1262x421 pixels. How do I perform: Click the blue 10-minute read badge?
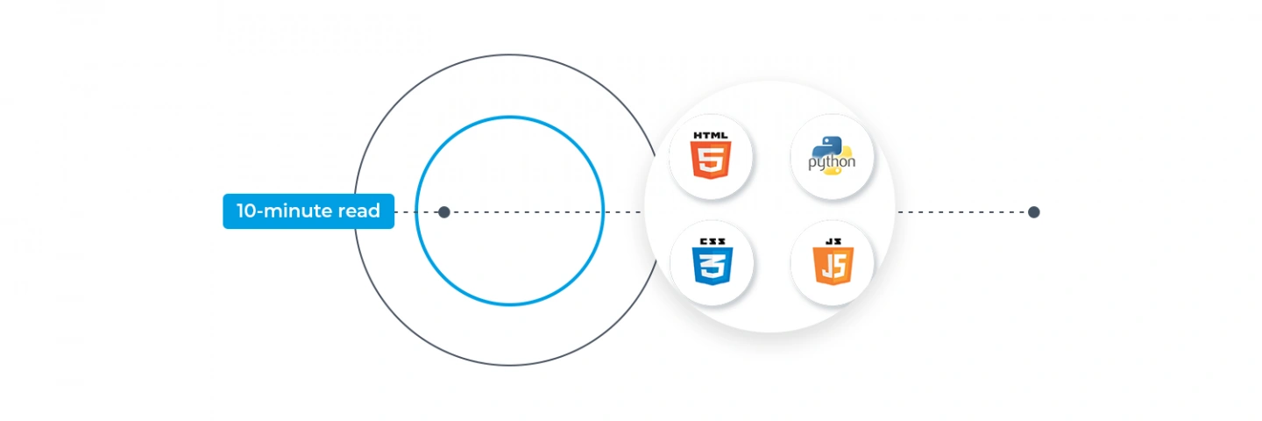click(x=308, y=211)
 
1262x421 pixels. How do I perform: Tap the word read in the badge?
click(x=358, y=210)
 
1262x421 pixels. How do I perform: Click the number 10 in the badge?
click(x=246, y=210)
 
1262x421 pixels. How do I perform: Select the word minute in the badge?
click(x=297, y=210)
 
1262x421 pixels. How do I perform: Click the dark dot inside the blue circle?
click(x=444, y=212)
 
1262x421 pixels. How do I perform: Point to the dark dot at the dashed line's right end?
click(x=1033, y=212)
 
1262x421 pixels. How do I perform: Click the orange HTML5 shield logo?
click(x=711, y=160)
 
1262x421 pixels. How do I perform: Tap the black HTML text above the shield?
click(x=711, y=135)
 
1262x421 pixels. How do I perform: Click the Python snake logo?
click(x=832, y=155)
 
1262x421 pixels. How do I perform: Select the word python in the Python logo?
click(x=832, y=162)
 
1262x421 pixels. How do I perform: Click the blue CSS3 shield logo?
click(x=713, y=266)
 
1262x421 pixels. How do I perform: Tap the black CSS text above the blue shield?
click(x=713, y=241)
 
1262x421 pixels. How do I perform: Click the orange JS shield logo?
click(x=833, y=266)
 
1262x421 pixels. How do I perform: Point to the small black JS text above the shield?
click(x=833, y=241)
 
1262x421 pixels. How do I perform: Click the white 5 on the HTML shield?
click(x=711, y=160)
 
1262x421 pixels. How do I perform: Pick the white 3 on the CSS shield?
click(x=713, y=266)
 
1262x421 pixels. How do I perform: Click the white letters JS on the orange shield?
click(x=833, y=266)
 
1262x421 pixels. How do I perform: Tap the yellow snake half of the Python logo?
click(x=840, y=162)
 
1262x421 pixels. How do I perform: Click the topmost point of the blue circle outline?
click(x=510, y=117)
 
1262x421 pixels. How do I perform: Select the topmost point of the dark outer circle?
click(x=510, y=55)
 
